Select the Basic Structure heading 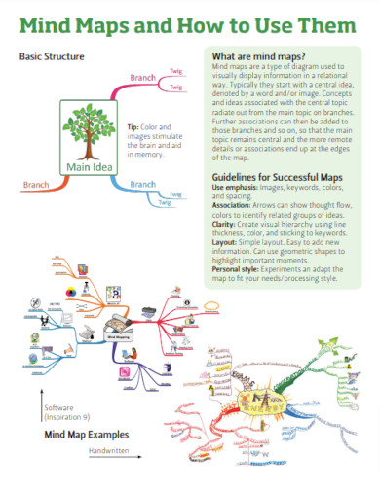52,57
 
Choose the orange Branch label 36,183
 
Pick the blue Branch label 142,184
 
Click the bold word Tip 134,126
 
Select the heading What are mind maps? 258,56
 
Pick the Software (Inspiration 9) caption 61,411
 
